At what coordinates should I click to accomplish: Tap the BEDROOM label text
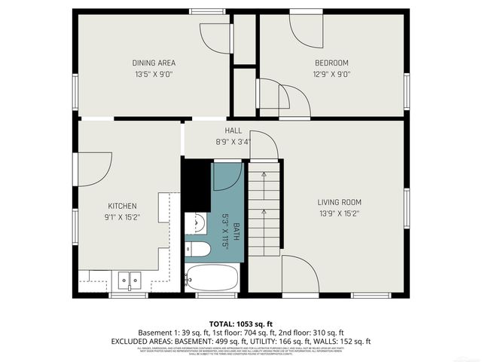coord(331,63)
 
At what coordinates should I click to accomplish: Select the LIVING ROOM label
coord(339,202)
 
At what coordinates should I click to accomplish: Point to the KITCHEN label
coord(122,206)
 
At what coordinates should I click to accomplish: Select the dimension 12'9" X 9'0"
coord(331,74)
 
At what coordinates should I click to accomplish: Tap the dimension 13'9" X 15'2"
coord(339,213)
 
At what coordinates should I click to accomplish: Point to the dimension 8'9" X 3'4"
coord(233,141)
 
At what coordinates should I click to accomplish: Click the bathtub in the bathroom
coord(212,278)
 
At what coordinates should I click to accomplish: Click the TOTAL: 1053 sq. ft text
coord(241,323)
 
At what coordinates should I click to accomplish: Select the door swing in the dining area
coord(215,38)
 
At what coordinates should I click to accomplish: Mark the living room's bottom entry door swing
coord(299,273)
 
